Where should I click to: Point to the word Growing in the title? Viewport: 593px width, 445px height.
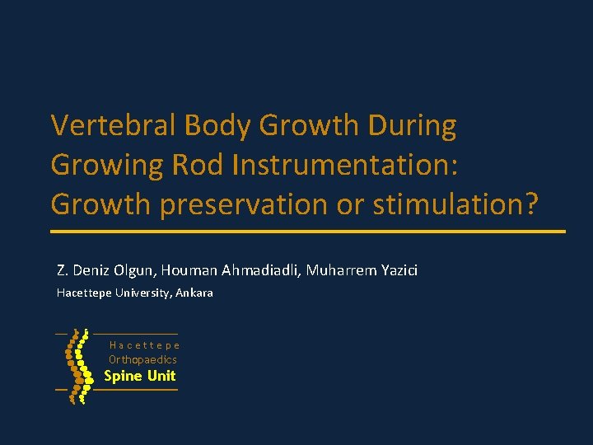pyautogui.click(x=107, y=165)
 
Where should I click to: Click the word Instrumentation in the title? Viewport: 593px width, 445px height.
pyautogui.click(x=344, y=165)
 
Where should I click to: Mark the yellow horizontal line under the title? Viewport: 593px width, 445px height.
pyautogui.click(x=308, y=232)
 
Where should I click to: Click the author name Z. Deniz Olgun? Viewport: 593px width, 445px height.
pyautogui.click(x=105, y=270)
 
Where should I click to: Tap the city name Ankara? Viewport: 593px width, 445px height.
pyautogui.click(x=194, y=293)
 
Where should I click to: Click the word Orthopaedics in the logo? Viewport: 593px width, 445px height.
pyautogui.click(x=142, y=360)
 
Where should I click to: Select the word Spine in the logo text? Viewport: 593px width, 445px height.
pyautogui.click(x=122, y=376)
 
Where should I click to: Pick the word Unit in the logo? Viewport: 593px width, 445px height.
pyautogui.click(x=161, y=376)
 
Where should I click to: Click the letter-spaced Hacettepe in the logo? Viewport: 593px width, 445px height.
pyautogui.click(x=144, y=346)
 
